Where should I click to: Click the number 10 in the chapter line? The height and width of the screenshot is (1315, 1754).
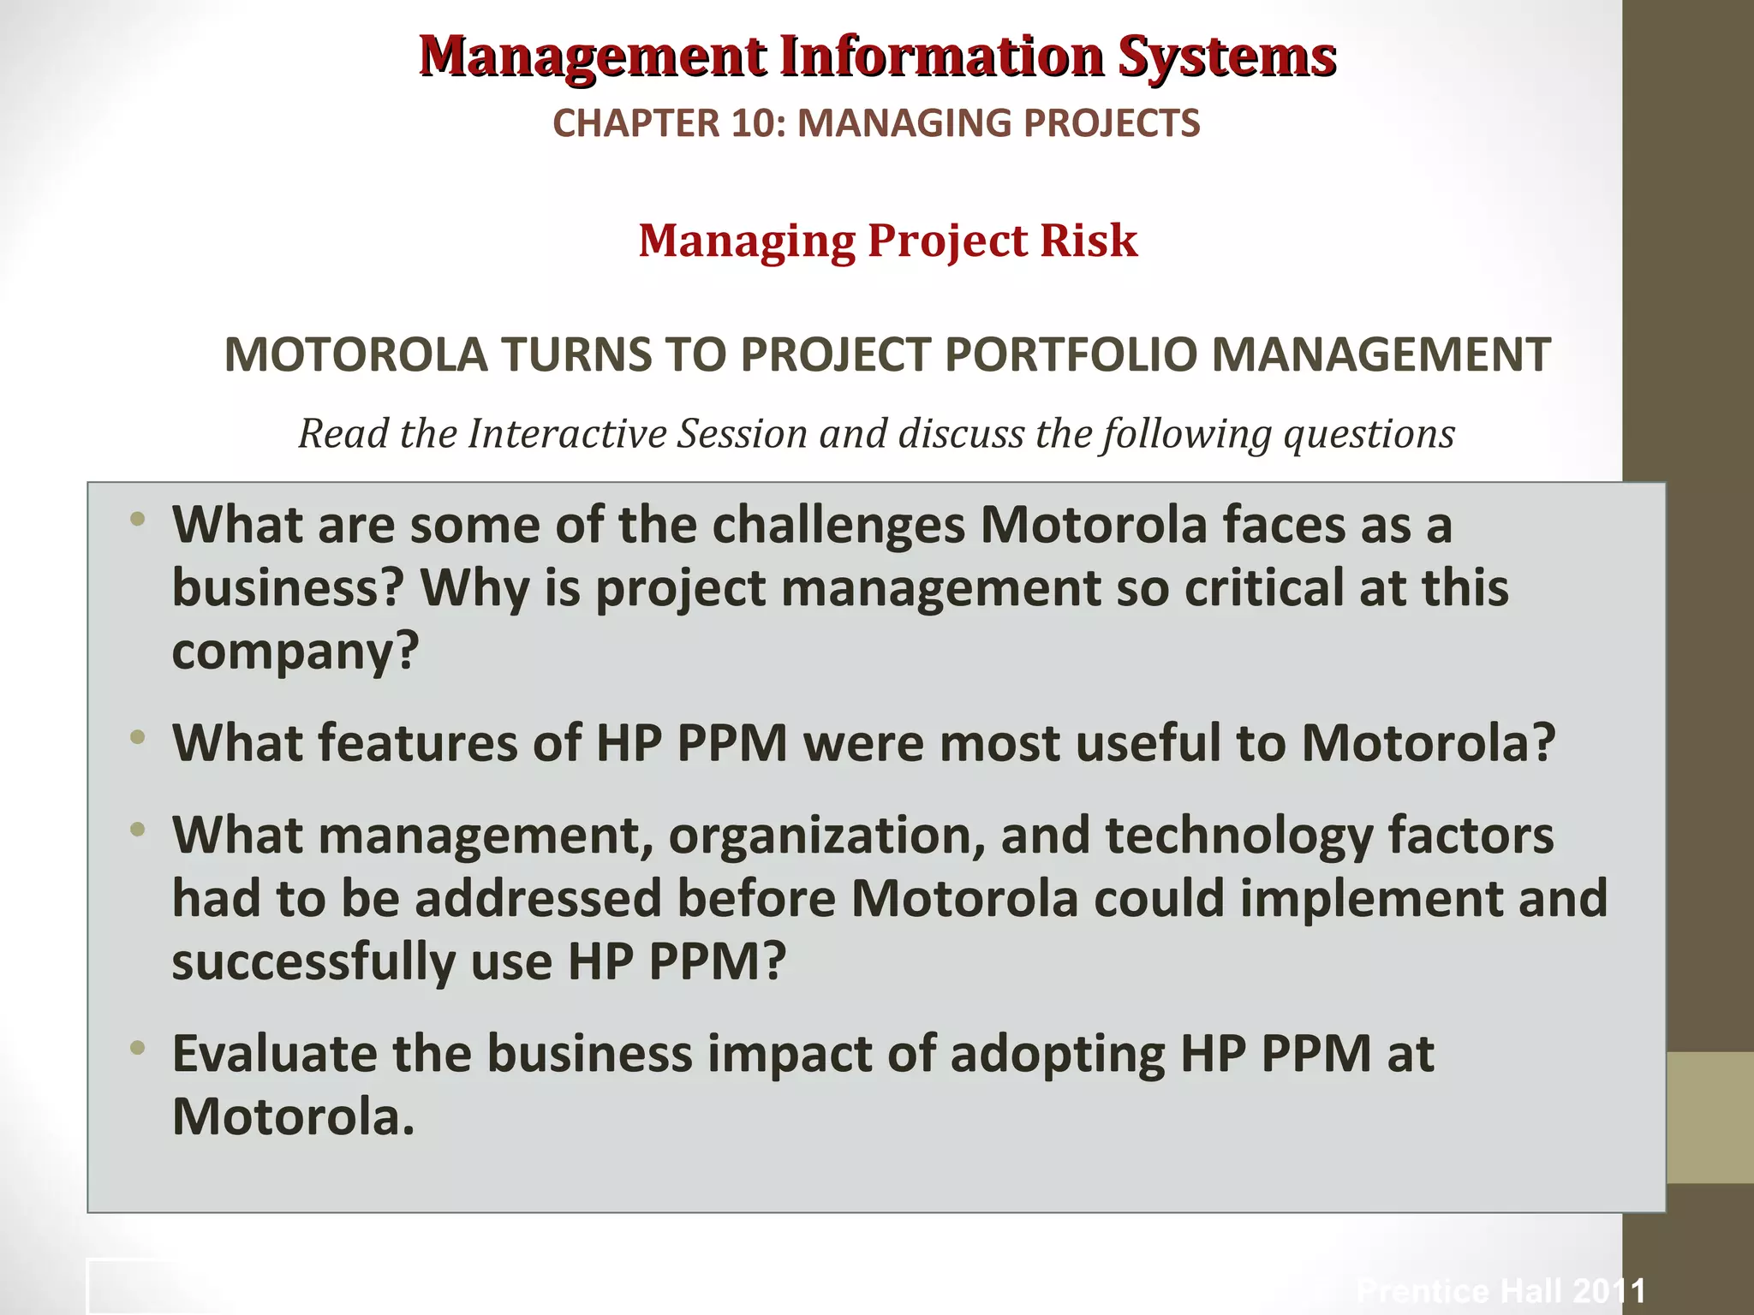(x=756, y=123)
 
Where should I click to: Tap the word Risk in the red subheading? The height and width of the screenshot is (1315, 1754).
(x=1089, y=241)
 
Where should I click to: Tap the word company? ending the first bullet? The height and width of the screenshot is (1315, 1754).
(x=295, y=652)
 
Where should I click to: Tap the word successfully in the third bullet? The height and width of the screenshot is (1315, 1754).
(x=313, y=961)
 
